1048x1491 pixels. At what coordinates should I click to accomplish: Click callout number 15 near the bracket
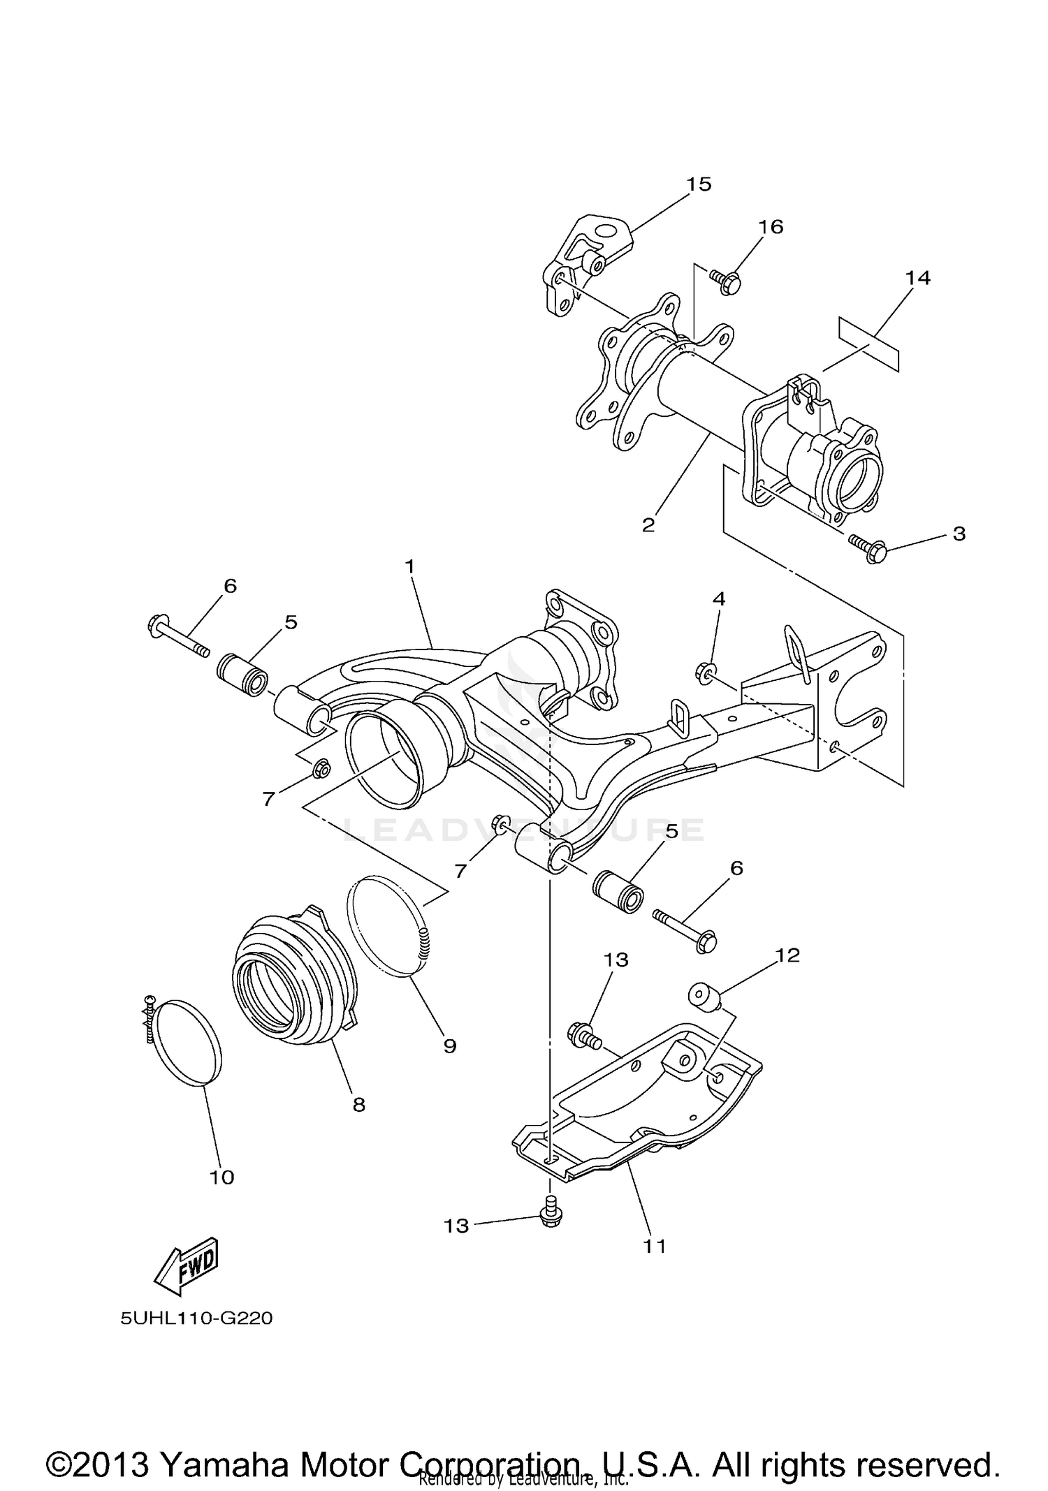click(698, 184)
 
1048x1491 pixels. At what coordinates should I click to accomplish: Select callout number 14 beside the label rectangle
click(917, 278)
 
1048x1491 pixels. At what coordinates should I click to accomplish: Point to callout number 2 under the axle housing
click(648, 525)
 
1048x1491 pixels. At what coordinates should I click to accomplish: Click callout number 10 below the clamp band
click(221, 1177)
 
